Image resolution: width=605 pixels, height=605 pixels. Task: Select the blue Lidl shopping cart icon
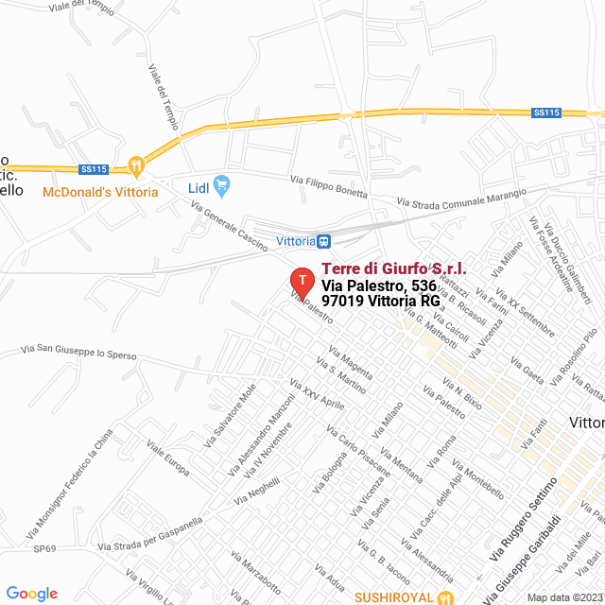click(223, 183)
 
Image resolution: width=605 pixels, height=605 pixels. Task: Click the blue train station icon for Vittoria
click(324, 241)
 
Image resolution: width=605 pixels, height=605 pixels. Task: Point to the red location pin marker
click(302, 282)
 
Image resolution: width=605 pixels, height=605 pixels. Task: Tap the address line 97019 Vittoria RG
click(381, 301)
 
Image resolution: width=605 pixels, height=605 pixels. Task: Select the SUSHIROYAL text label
click(395, 597)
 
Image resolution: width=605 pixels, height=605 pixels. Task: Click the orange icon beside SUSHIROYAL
click(446, 597)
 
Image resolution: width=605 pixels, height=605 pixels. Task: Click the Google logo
click(31, 594)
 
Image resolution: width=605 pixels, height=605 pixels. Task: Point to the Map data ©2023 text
click(564, 597)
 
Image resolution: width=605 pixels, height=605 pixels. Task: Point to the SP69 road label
click(44, 548)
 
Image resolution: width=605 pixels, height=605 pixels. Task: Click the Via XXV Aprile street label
click(318, 394)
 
